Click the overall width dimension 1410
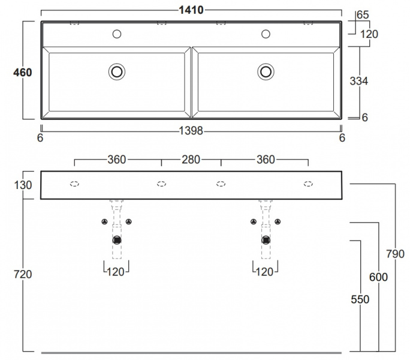(x=191, y=10)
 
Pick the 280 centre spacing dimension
(x=191, y=160)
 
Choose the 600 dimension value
(x=379, y=277)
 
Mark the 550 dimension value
(x=360, y=299)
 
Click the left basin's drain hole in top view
(x=117, y=72)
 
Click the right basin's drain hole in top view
(x=266, y=72)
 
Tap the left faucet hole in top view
(x=117, y=34)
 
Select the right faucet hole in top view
(x=266, y=34)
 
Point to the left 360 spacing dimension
(x=116, y=160)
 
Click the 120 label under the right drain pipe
(x=264, y=272)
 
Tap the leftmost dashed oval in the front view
(x=74, y=184)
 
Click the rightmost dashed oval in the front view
(x=308, y=184)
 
